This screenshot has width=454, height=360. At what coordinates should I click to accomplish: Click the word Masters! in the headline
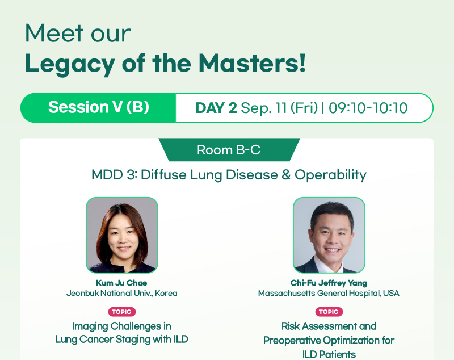[x=252, y=63]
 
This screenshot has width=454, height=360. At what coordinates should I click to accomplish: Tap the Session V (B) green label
[x=98, y=108]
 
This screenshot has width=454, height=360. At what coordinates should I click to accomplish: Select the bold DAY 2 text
[x=216, y=108]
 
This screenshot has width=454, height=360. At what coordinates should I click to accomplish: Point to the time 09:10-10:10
[x=368, y=108]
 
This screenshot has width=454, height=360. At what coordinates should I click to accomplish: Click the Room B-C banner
[x=229, y=150]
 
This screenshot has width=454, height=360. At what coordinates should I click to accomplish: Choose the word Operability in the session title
[x=330, y=175]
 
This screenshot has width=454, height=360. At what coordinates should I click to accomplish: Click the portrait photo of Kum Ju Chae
[x=122, y=235]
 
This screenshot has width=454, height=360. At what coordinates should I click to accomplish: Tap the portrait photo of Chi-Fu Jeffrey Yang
[x=329, y=235]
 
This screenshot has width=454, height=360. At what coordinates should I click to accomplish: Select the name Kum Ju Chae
[x=121, y=283]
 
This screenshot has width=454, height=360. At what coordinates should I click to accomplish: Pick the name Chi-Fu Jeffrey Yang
[x=329, y=283]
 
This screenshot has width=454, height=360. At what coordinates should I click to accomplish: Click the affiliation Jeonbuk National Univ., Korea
[x=122, y=294]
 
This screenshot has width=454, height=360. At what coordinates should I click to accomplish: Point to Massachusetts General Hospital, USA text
[x=329, y=294]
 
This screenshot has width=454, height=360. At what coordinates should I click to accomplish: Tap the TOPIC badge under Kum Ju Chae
[x=122, y=312]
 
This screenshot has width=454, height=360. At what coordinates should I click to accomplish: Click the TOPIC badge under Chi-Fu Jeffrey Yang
[x=329, y=312]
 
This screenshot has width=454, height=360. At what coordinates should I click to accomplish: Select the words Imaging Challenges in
[x=122, y=326]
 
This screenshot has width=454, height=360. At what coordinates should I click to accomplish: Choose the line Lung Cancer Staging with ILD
[x=121, y=339]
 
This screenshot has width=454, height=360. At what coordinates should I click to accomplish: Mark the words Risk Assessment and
[x=329, y=326]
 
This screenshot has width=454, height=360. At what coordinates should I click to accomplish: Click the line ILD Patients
[x=329, y=354]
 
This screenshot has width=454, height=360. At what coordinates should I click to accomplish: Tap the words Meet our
[x=78, y=34]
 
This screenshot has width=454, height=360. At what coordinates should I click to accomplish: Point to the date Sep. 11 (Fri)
[x=279, y=108]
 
